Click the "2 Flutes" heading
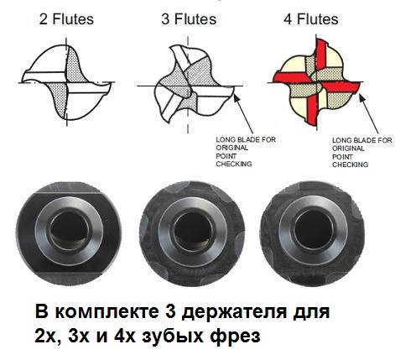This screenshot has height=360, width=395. pos(66,19)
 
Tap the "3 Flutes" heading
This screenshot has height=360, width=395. pos(189,19)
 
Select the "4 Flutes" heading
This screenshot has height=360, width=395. pos(311,19)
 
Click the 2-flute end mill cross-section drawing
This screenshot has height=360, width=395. pos(66,82)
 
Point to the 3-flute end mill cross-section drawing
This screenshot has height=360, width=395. pos(187,84)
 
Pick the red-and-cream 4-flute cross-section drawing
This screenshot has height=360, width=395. pos(315,82)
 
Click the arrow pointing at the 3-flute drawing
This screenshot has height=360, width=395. pos(243,114)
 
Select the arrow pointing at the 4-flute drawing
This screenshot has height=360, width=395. pos(369,114)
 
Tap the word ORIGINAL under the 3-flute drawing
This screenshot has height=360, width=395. pos(231,148)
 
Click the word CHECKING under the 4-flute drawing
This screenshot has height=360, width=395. pos(350,164)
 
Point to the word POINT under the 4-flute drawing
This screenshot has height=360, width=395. pos(342,157)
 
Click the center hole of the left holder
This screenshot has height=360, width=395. pos(69,231)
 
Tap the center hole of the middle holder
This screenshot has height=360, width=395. pos(192,231)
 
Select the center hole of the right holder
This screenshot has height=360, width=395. pos(314,229)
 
